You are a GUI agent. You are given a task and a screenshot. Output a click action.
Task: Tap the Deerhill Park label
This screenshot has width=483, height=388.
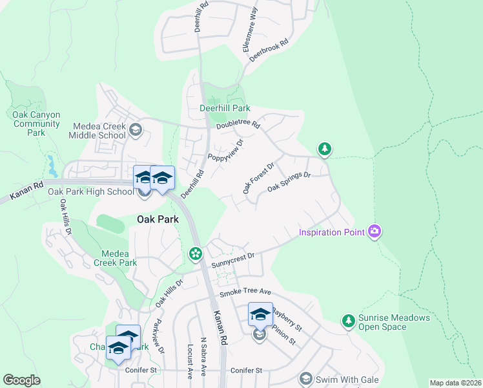pyautogui.click(x=224, y=108)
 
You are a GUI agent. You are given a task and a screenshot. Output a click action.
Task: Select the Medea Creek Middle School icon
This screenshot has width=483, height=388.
pyautogui.click(x=135, y=130)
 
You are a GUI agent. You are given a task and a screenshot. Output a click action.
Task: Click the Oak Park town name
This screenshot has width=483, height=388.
pyautogui.click(x=157, y=219)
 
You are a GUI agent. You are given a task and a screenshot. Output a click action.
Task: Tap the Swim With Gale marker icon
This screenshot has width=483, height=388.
pyautogui.click(x=305, y=379)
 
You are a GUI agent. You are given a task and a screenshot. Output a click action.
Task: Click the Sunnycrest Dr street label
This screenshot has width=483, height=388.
pyautogui.click(x=233, y=261)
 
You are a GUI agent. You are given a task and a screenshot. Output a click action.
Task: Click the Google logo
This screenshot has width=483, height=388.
pyautogui.click(x=21, y=380)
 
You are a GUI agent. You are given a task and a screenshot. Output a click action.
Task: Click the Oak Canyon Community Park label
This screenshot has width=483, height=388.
pyautogui.click(x=36, y=124)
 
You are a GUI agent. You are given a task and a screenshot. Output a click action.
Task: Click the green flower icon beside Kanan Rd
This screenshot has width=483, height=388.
pyautogui.click(x=195, y=254)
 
